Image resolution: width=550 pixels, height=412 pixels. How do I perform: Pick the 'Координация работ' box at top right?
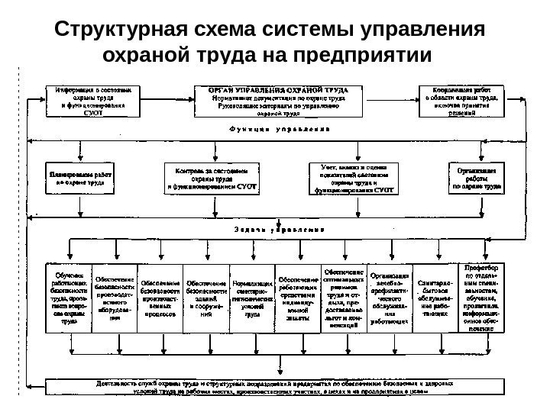point(461,100)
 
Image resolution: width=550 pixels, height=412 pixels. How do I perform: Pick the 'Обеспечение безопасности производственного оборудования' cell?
point(114,298)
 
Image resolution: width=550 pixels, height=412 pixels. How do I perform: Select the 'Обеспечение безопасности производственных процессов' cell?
point(160,298)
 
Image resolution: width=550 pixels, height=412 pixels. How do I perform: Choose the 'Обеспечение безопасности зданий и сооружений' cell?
point(206,298)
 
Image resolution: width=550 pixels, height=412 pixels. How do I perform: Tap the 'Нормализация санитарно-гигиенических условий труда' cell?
point(251,298)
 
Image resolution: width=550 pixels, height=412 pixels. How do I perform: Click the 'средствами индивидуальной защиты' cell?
point(297,298)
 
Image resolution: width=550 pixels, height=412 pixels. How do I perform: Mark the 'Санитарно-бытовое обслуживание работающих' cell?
point(435,298)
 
